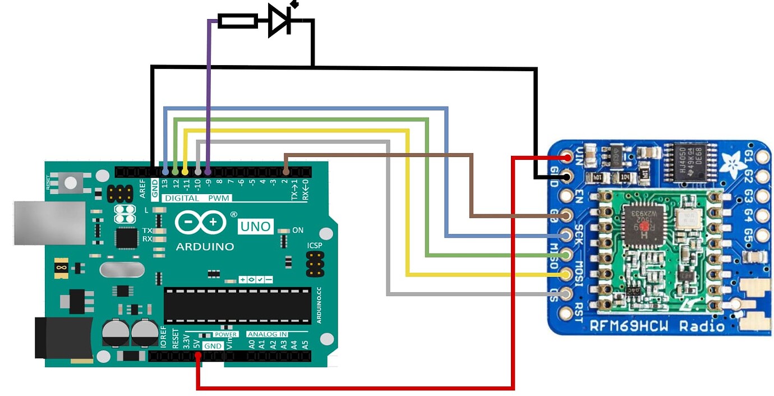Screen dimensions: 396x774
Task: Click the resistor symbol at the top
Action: click(237, 21)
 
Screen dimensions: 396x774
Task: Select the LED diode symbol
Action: click(279, 21)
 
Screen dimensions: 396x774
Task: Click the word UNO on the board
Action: click(255, 227)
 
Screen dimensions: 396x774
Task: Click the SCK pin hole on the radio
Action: click(567, 234)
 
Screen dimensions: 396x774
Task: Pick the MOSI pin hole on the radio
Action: click(567, 274)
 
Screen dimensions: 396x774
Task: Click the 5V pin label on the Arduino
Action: click(197, 342)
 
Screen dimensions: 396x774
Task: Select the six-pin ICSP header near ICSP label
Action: click(315, 264)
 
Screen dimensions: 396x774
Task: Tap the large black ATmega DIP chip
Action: click(237, 306)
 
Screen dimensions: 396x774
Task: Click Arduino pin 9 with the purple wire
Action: click(208, 171)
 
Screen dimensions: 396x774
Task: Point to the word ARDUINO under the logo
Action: click(205, 247)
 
